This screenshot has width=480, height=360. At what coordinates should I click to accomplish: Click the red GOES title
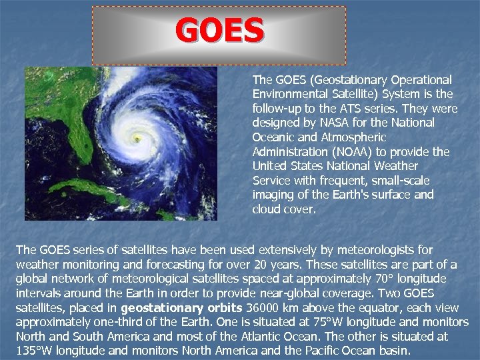[220, 31]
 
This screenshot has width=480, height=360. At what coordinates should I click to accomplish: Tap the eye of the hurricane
[137, 139]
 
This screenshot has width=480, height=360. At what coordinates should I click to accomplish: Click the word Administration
[287, 151]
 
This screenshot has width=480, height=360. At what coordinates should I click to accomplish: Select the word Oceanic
[273, 137]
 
